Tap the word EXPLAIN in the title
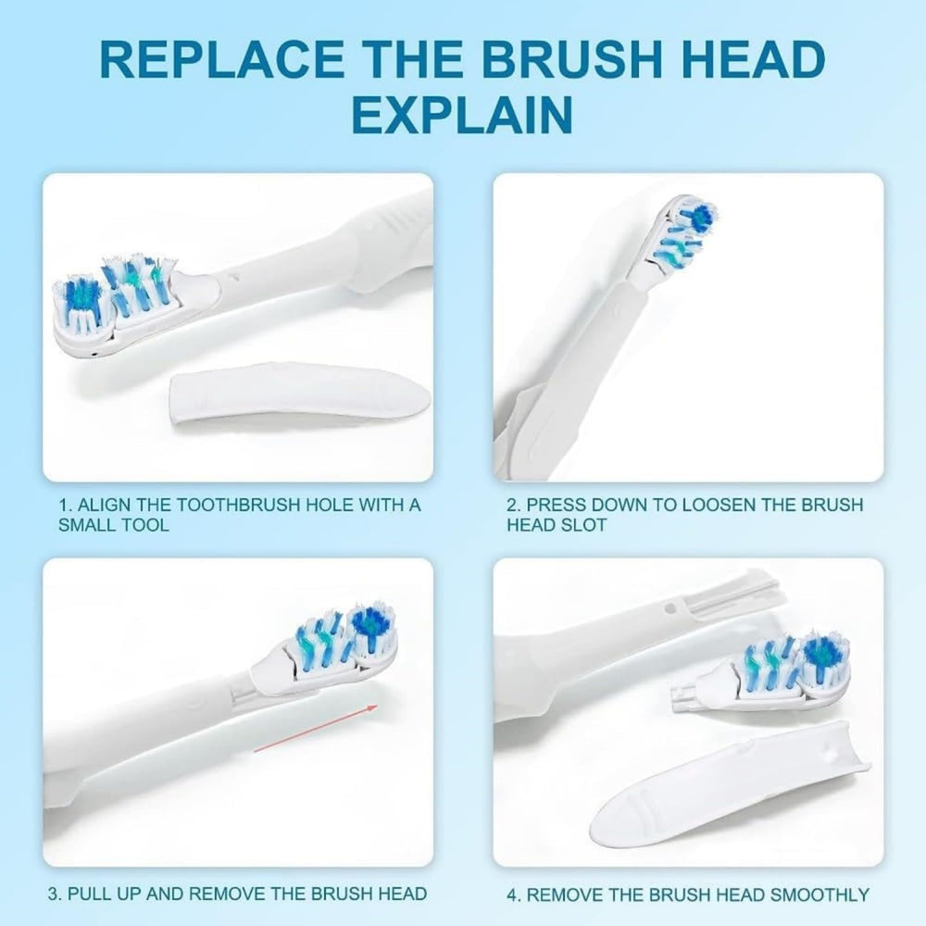click(462, 114)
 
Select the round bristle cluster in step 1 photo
click(81, 304)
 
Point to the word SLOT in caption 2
click(584, 525)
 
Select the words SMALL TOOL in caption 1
click(113, 525)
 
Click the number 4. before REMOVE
click(513, 895)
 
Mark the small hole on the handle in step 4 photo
click(669, 607)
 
